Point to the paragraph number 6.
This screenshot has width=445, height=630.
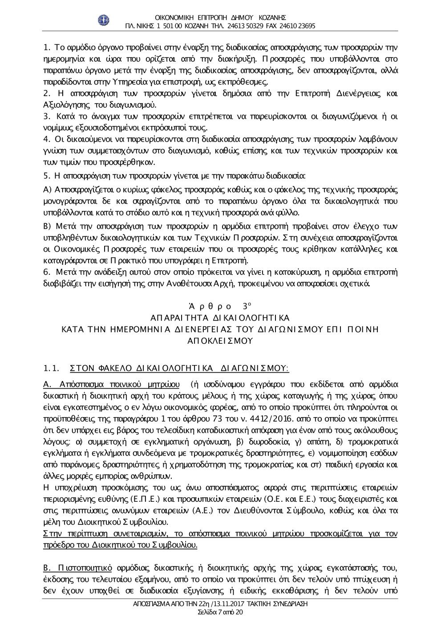[x=47, y=272]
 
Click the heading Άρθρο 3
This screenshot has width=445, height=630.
[x=220, y=306]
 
